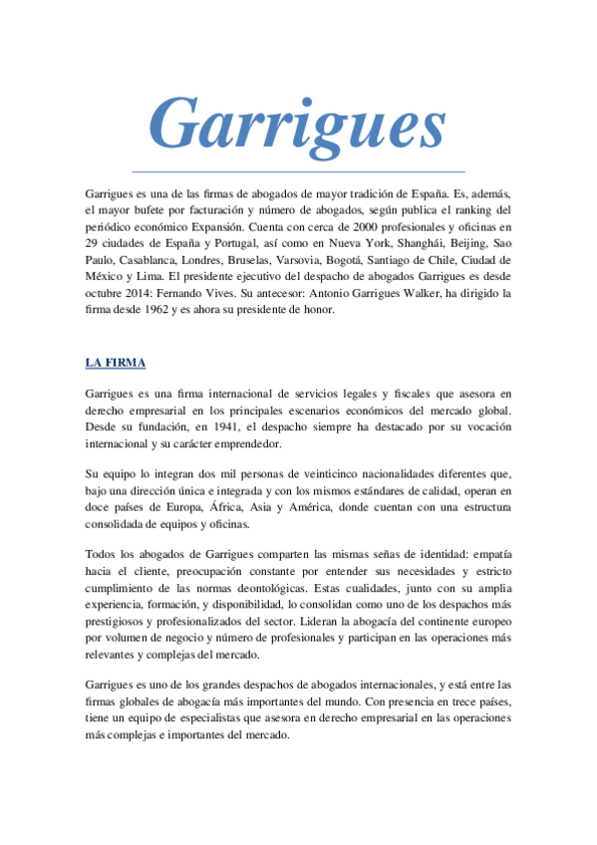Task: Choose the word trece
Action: pyautogui.click(x=451, y=703)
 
